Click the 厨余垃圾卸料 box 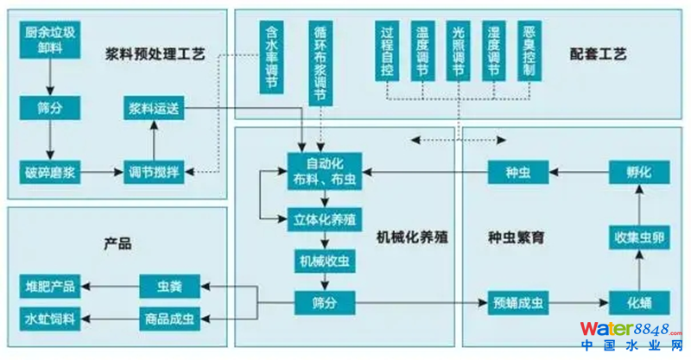(49, 41)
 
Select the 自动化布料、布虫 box (326, 170)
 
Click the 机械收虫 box (324, 260)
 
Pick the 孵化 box (638, 171)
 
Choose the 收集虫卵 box (638, 237)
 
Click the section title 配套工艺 (598, 54)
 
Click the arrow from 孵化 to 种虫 (579, 171)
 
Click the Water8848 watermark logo (634, 334)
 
